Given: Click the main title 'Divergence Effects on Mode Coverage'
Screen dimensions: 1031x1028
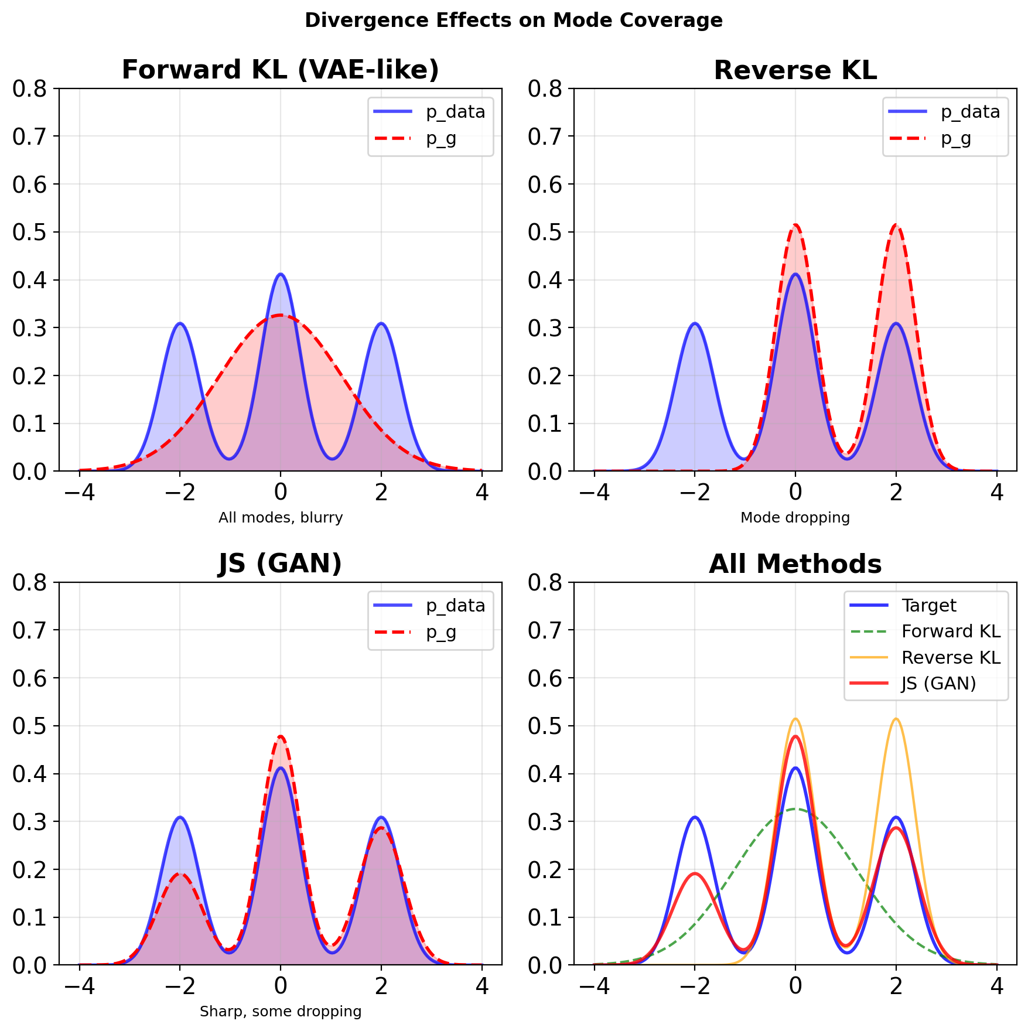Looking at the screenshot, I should [514, 21].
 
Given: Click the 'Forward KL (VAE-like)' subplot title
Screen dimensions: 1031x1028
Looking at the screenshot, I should [280, 70].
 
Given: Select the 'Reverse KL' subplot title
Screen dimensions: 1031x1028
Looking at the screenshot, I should [795, 70].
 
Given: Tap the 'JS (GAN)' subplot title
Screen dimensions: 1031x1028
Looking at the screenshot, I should [280, 564].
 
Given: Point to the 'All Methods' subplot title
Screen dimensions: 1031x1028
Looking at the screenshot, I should [795, 564].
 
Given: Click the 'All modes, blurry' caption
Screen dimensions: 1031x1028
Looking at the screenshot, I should [280, 518].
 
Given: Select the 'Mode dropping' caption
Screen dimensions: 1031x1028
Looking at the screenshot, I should [795, 518].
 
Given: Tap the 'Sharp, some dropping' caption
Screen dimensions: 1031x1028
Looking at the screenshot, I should [280, 1012].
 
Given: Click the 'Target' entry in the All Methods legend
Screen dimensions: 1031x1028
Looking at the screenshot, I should [928, 606].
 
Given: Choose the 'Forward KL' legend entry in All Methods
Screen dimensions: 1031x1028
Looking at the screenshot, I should [950, 631].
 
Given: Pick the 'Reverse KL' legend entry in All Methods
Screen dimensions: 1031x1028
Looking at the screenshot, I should [950, 658].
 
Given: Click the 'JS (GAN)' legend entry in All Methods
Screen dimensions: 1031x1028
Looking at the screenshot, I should [938, 684].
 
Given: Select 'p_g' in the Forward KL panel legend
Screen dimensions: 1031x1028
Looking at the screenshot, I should [440, 139].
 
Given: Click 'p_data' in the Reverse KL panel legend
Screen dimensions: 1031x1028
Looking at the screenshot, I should [970, 112].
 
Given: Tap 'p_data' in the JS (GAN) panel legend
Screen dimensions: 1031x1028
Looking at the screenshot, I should [455, 606].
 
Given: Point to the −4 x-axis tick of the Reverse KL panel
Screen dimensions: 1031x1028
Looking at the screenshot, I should [594, 493].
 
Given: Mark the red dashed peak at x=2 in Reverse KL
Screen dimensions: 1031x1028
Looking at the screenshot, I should [896, 225].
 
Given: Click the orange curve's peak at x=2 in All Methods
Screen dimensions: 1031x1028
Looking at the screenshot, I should [896, 719].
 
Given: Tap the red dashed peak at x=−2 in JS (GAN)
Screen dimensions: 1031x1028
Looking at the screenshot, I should [180, 874].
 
